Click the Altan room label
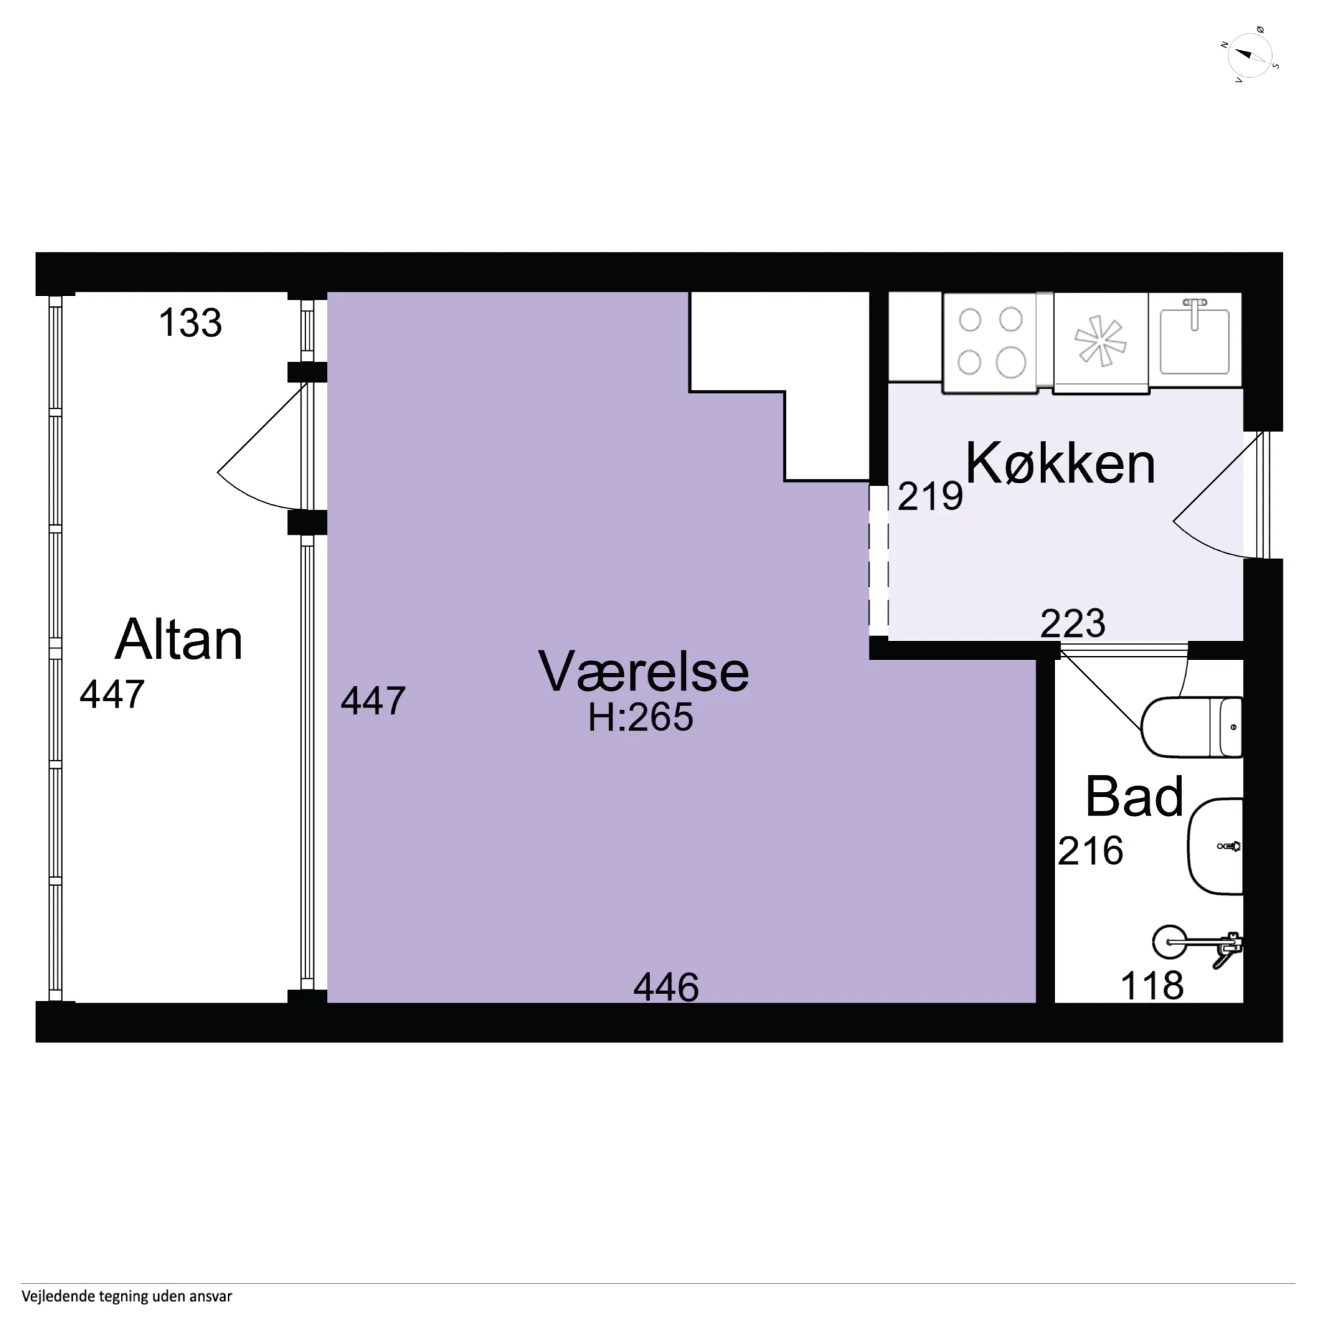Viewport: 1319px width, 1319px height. tap(179, 639)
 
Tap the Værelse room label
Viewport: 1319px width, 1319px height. tap(643, 671)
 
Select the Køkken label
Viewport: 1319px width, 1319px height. tap(1060, 463)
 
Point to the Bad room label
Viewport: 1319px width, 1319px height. tap(1134, 796)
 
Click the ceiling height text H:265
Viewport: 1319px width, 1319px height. tap(640, 717)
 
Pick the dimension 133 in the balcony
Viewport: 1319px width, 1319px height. tap(190, 323)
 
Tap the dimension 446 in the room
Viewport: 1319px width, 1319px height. tap(666, 987)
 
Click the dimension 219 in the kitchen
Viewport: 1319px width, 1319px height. tap(930, 496)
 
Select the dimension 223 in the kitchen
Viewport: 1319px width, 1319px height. tap(1073, 623)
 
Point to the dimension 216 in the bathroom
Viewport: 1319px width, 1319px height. tap(1091, 851)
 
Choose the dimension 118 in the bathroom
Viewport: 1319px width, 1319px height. tap(1152, 986)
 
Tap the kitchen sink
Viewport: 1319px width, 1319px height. tap(1195, 339)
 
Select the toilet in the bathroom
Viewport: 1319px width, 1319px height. tap(1192, 727)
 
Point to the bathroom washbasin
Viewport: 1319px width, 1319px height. tap(1215, 847)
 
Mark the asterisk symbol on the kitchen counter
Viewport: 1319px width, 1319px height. tap(1099, 340)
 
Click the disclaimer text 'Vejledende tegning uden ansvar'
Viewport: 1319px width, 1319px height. tap(127, 1296)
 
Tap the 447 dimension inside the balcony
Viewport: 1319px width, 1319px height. tap(112, 694)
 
